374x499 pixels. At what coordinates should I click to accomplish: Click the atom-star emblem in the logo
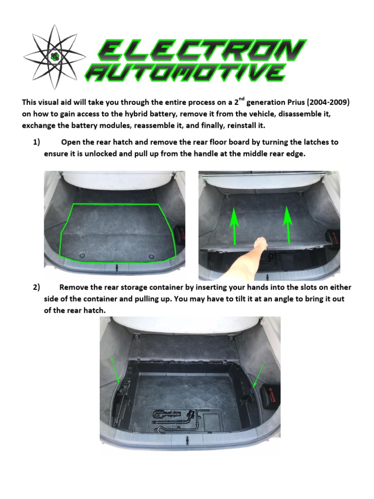point(54,56)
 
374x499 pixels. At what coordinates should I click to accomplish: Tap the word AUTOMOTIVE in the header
point(186,73)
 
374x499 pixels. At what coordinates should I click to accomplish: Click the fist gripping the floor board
point(262,242)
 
